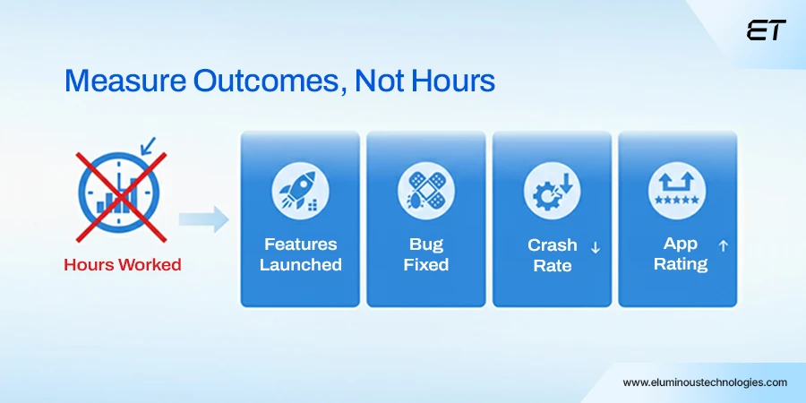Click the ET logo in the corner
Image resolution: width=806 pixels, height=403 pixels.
click(766, 30)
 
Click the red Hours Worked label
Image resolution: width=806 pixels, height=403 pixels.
click(122, 265)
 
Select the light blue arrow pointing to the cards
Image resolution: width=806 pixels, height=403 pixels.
click(203, 219)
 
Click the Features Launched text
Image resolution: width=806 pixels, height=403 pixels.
click(301, 254)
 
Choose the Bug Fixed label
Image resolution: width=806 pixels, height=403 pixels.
click(426, 254)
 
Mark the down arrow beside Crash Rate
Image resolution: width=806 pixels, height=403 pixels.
click(595, 247)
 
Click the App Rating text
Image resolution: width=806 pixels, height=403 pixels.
click(681, 253)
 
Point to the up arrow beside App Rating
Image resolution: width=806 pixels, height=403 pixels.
click(724, 244)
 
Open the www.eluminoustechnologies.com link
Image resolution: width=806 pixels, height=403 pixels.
click(705, 382)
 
